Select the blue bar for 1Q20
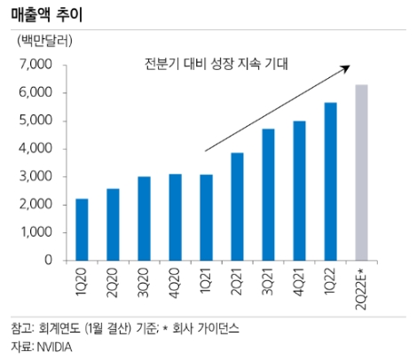tap(82, 230)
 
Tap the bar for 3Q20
tap(144, 218)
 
